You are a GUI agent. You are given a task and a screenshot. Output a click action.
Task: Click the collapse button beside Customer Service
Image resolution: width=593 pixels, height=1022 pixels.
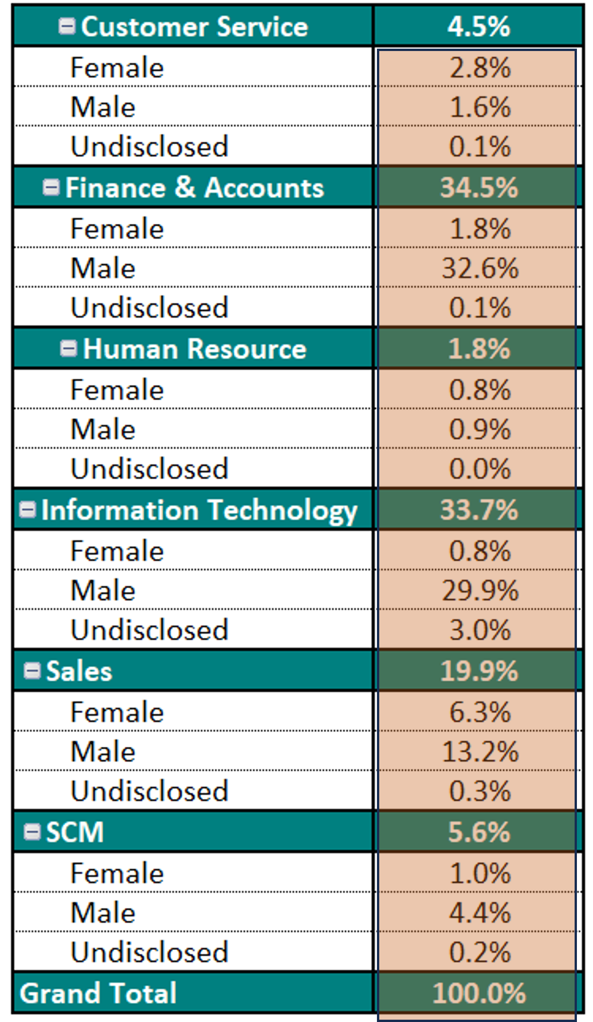(67, 26)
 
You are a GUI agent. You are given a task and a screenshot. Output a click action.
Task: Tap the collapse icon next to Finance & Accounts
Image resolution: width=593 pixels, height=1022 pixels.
(51, 187)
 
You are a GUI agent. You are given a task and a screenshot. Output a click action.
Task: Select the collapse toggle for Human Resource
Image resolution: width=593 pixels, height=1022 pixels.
(69, 349)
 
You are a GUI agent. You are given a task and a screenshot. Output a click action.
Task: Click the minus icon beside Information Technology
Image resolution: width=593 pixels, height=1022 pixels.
(28, 510)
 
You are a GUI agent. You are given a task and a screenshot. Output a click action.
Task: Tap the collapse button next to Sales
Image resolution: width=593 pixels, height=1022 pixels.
(32, 671)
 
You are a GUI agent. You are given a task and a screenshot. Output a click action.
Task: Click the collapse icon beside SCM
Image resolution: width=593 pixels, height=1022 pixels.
(32, 832)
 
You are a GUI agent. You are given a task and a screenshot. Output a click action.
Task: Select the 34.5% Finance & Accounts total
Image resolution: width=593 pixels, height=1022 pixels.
(479, 187)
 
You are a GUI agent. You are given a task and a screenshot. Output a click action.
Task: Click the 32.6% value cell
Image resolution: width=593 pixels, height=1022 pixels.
(479, 268)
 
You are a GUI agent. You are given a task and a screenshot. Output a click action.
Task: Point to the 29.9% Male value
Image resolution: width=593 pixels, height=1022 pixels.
(479, 590)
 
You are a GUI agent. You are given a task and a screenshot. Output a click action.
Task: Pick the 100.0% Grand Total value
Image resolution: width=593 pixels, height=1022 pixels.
(479, 993)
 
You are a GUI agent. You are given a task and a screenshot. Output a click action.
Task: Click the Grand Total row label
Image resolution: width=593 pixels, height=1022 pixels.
(98, 993)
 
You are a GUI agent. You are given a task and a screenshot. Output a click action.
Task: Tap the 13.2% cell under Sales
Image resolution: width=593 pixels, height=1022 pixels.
(479, 752)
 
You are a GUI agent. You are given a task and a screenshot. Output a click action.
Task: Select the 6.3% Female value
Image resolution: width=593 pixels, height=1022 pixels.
(479, 712)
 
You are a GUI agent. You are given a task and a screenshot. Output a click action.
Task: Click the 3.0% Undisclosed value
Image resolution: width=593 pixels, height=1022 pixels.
(479, 630)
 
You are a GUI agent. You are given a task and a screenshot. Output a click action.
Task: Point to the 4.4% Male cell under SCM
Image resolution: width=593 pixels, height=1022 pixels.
(479, 913)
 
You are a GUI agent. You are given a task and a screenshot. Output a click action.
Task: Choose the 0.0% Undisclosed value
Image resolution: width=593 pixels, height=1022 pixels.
(479, 469)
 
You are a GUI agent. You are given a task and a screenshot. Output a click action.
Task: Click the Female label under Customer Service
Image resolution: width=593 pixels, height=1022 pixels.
(117, 68)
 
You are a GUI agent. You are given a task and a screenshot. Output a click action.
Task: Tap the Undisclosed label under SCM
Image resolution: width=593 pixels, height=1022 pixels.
(149, 952)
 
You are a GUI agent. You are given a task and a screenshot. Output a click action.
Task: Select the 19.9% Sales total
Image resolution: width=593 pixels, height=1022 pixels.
(479, 671)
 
